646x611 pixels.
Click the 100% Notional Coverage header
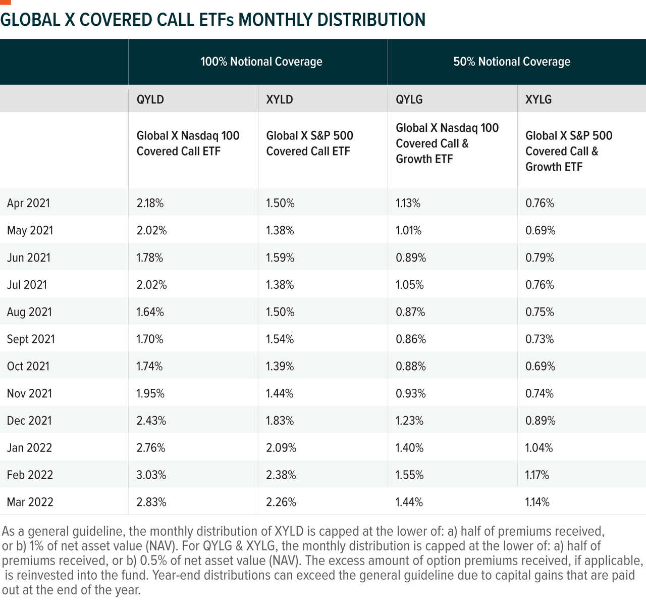(x=261, y=62)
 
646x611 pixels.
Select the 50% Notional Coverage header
(x=512, y=62)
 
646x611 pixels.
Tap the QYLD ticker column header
(x=150, y=99)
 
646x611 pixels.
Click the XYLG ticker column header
(x=538, y=99)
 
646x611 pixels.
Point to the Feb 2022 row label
(x=30, y=475)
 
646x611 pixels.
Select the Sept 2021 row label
(x=31, y=339)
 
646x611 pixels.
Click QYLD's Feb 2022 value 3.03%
(x=151, y=475)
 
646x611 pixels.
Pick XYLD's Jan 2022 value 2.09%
(x=281, y=447)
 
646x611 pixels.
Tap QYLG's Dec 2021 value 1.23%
(x=409, y=420)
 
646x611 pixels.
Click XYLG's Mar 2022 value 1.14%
(x=537, y=502)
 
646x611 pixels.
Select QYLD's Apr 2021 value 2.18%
(x=150, y=203)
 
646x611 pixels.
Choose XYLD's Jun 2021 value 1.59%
(x=280, y=257)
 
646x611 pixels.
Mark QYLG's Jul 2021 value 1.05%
(x=409, y=284)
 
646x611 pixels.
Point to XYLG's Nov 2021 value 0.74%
(x=539, y=393)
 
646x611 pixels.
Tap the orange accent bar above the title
(x=5, y=2)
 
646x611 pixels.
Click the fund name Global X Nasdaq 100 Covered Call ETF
(x=188, y=143)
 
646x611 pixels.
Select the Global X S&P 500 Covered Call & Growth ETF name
(x=569, y=151)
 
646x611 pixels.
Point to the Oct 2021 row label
(x=28, y=366)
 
